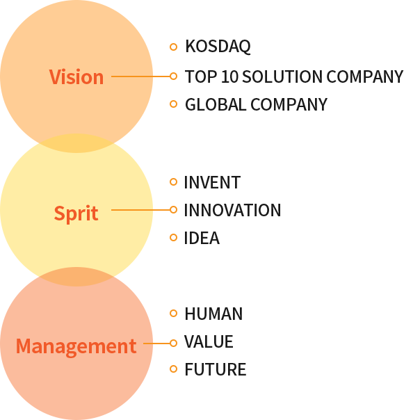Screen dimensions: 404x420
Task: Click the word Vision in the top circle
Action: pyautogui.click(x=76, y=77)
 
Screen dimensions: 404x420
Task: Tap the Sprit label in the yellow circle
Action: pyautogui.click(x=76, y=213)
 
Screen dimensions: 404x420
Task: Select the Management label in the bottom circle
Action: pyautogui.click(x=76, y=346)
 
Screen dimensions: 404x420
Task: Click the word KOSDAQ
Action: pyautogui.click(x=218, y=47)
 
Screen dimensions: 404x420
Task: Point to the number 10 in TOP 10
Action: pyautogui.click(x=229, y=76)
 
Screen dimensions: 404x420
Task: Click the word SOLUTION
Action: pyautogui.click(x=282, y=76)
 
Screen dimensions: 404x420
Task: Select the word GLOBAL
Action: pyautogui.click(x=216, y=104)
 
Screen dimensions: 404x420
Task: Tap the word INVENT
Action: pyautogui.click(x=212, y=182)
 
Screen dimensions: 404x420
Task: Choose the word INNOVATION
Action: pyautogui.click(x=232, y=210)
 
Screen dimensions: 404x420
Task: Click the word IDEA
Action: pyautogui.click(x=202, y=238)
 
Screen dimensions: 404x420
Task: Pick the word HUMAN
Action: pyautogui.click(x=213, y=314)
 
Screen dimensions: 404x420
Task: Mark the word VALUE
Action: pyautogui.click(x=209, y=341)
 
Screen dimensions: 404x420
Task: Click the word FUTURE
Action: pyautogui.click(x=216, y=369)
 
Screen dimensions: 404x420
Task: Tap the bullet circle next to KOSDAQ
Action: pyautogui.click(x=174, y=47)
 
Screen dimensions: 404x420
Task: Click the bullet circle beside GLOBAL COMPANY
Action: pyautogui.click(x=174, y=104)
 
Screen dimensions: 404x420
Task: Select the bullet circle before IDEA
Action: pyautogui.click(x=174, y=238)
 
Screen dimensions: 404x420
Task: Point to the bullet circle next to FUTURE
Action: pyautogui.click(x=174, y=369)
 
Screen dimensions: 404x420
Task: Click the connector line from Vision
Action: pyautogui.click(x=140, y=76)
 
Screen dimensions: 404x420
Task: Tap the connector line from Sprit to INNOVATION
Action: pyautogui.click(x=140, y=210)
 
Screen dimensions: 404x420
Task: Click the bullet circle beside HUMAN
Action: pyautogui.click(x=174, y=313)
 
